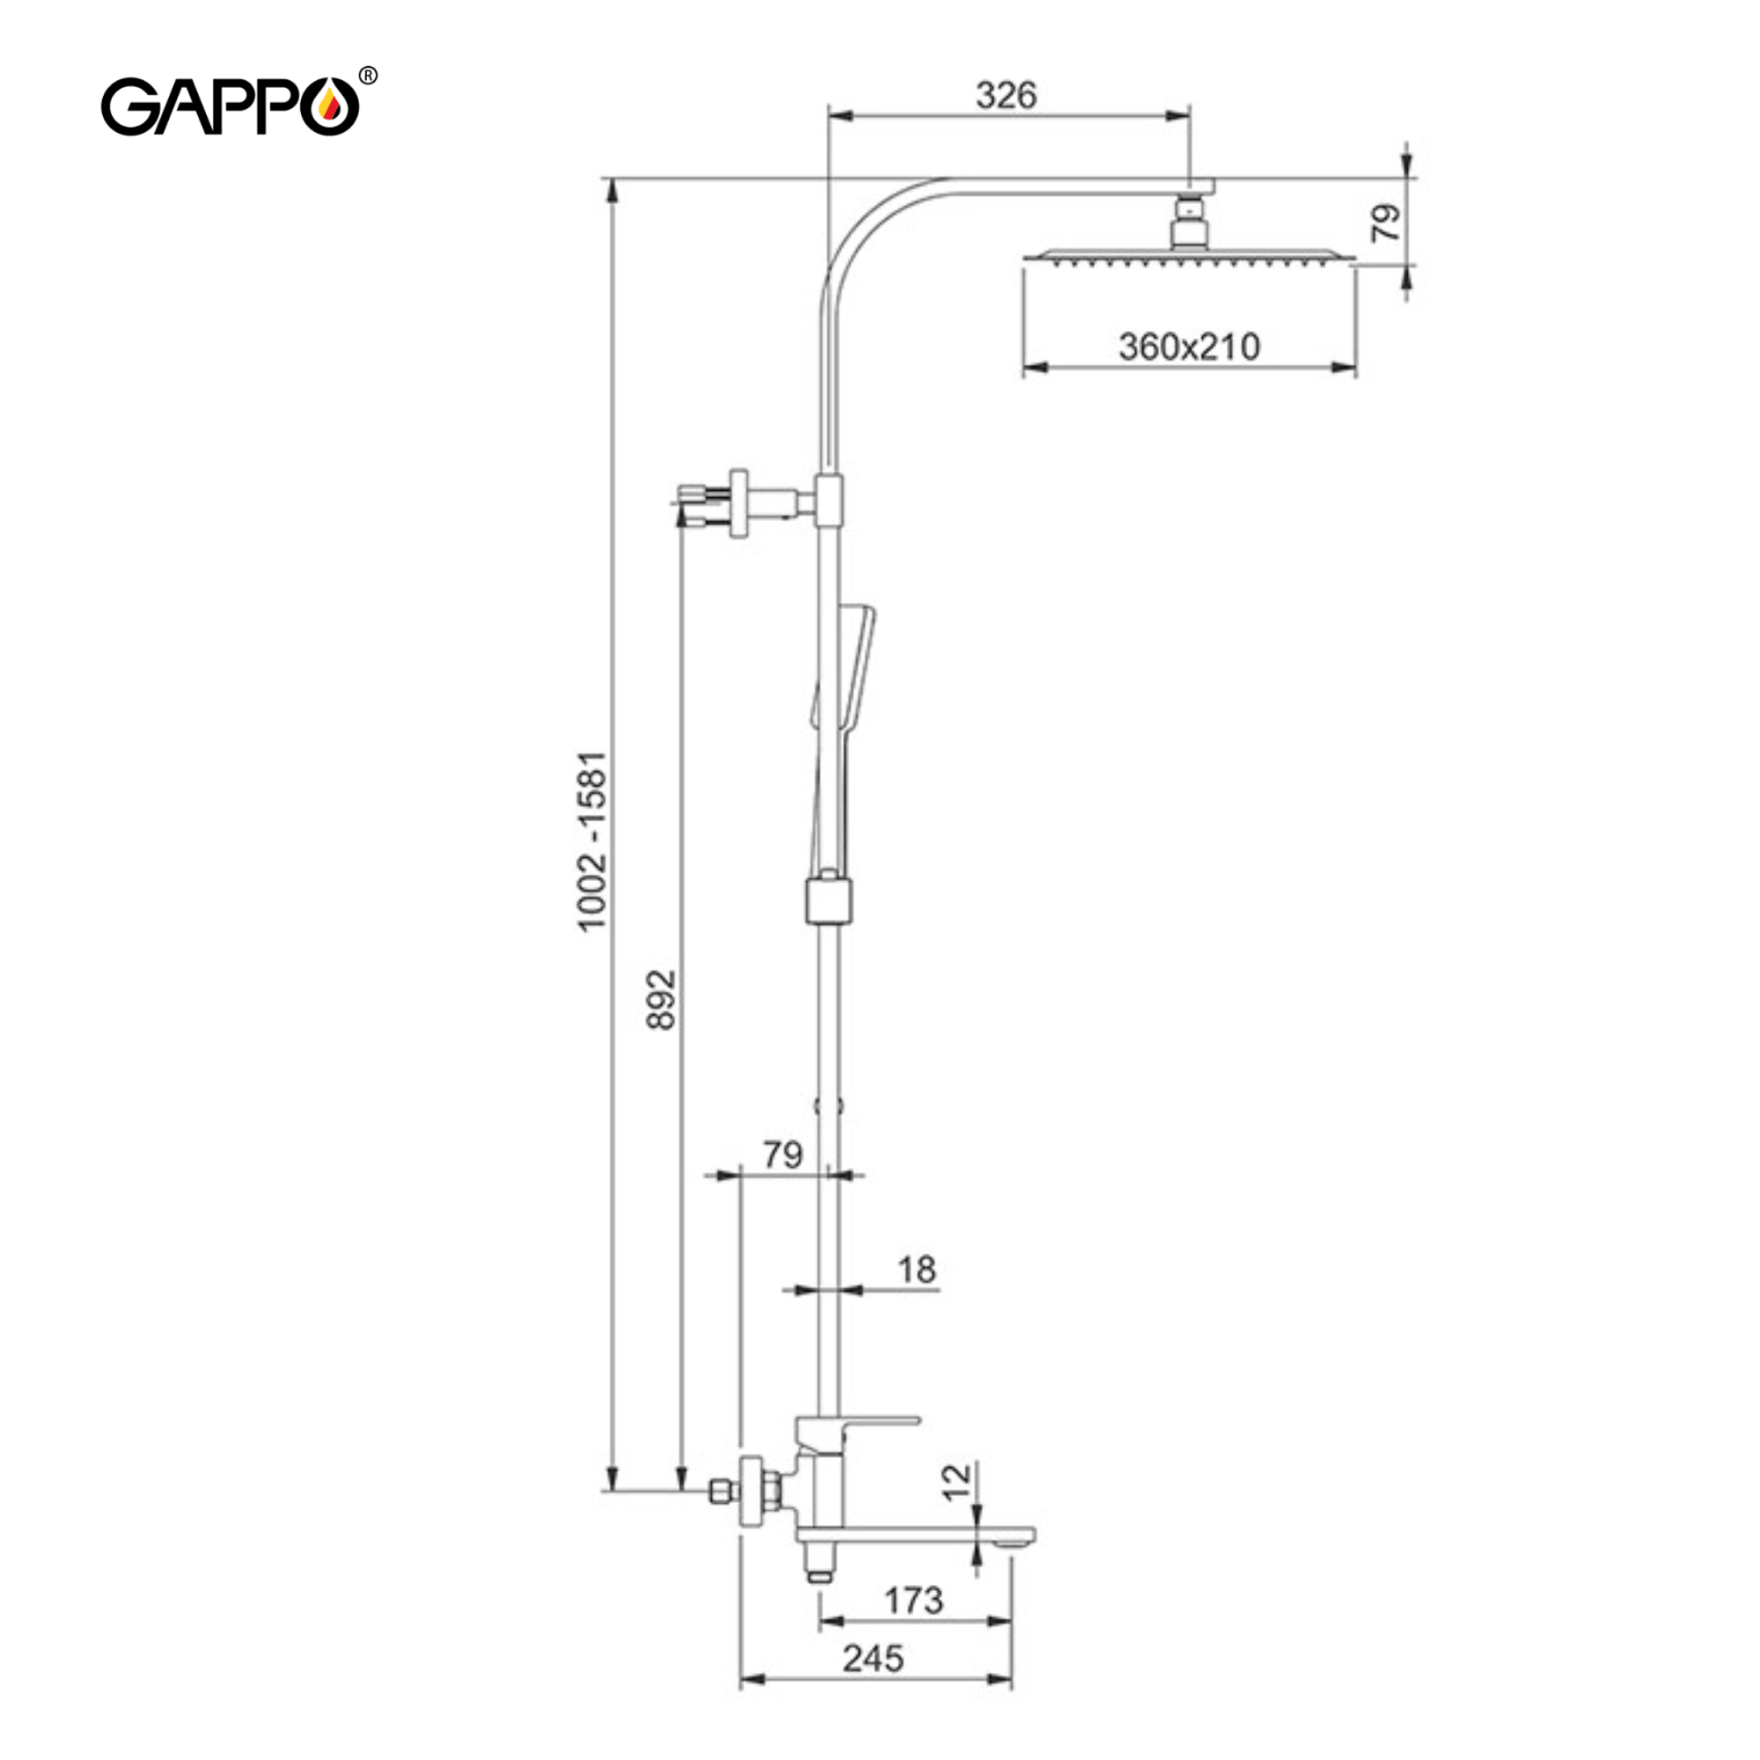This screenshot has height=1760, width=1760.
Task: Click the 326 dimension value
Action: coord(1006,95)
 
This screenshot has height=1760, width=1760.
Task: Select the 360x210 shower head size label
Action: coord(1189,347)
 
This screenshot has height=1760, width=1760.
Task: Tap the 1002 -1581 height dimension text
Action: coord(592,840)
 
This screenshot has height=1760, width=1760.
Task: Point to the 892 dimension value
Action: coord(661,1001)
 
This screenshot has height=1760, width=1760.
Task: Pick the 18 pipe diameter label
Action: coord(916,1270)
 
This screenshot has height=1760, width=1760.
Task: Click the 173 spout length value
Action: coord(913,1601)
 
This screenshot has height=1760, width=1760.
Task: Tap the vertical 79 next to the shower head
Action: coord(1386,223)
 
